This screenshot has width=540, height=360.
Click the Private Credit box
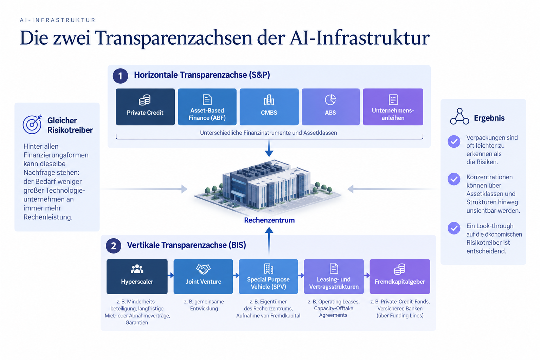coord(145,107)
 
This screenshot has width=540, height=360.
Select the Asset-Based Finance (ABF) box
coord(207,107)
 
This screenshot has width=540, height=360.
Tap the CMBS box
coord(269,107)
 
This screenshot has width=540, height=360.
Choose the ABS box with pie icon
coord(331,107)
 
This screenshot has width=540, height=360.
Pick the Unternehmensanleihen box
coord(393,107)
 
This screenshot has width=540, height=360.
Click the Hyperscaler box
coord(137,276)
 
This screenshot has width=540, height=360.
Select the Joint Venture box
coord(203,276)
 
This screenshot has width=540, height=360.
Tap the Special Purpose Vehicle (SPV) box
coord(268,276)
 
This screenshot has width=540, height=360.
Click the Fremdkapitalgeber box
coord(400,276)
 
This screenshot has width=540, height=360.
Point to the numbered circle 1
coord(120,76)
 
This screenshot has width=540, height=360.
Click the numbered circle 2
coord(114,246)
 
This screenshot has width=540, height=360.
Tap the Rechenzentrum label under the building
coord(269,220)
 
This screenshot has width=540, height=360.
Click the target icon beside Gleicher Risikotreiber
coord(32,124)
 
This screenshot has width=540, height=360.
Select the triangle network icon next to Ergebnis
coord(459,116)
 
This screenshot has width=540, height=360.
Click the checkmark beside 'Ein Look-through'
coord(454,228)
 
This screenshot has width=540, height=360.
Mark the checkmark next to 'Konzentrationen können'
coord(454,179)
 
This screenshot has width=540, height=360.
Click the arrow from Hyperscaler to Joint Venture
coord(171,275)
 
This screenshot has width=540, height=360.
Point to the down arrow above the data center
coord(269,148)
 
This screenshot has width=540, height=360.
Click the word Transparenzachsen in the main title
coord(174,38)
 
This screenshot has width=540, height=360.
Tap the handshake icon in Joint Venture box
coord(203,269)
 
